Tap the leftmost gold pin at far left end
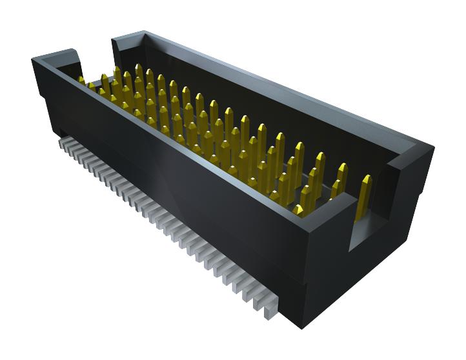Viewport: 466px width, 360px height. tap(81, 81)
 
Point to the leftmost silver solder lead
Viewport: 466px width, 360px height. tap(63, 141)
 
